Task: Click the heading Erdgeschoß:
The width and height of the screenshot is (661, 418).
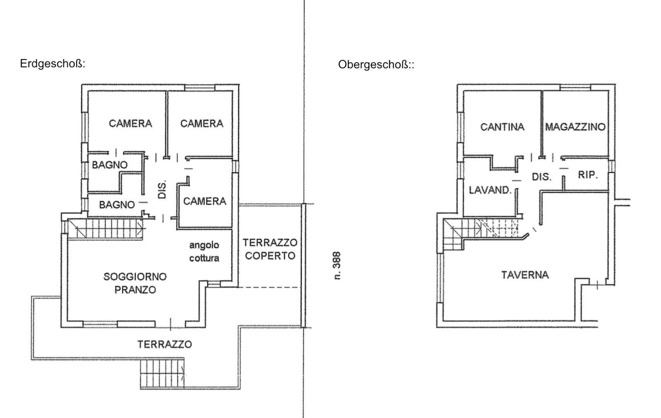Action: click(x=53, y=64)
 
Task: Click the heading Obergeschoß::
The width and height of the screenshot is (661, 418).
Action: click(x=376, y=65)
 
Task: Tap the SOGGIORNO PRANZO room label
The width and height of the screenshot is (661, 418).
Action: click(x=135, y=283)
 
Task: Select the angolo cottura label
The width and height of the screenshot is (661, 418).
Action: click(x=204, y=252)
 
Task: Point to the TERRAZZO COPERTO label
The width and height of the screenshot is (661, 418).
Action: click(x=270, y=249)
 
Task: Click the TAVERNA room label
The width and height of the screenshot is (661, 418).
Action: click(x=525, y=275)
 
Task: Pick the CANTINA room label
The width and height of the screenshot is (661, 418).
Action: click(x=502, y=127)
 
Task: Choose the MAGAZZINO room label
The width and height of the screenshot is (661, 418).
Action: click(x=575, y=127)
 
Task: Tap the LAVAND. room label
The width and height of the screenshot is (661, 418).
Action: click(x=490, y=190)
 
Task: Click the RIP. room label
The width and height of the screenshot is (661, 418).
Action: click(x=588, y=175)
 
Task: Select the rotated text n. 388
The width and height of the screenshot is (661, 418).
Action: click(x=337, y=266)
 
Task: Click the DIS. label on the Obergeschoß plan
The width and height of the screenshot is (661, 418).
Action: click(x=541, y=177)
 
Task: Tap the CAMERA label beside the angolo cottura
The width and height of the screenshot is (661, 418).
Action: click(x=205, y=201)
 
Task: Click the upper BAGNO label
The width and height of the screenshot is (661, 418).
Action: click(x=109, y=165)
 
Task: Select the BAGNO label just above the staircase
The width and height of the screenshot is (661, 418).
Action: click(x=117, y=205)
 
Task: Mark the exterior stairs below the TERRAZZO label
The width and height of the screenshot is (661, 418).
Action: click(x=162, y=374)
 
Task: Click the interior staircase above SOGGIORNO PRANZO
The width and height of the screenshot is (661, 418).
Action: click(x=106, y=229)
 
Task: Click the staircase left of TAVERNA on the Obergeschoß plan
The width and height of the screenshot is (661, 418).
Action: click(x=481, y=234)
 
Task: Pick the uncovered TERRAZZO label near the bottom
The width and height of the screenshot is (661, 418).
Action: click(x=165, y=344)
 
